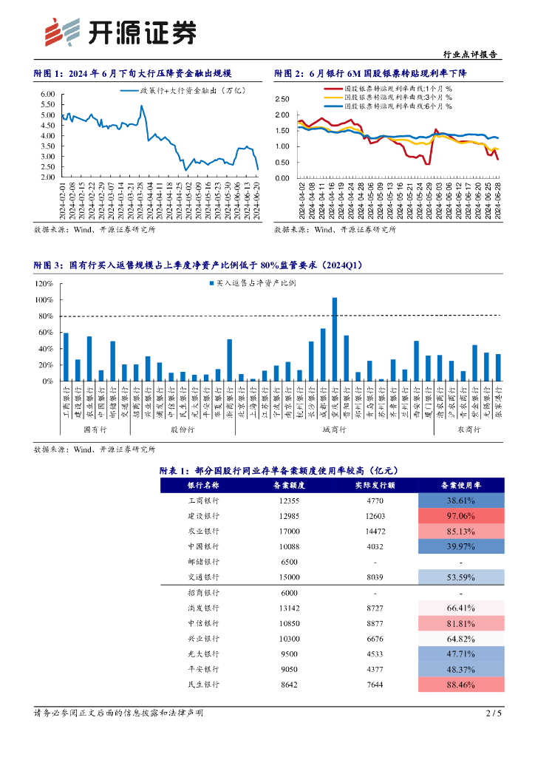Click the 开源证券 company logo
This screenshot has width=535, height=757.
tap(121, 32)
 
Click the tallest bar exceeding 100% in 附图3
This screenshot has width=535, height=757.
tap(335, 339)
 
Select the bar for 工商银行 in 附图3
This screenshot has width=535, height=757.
tap(66, 357)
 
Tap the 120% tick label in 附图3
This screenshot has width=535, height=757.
tap(44, 284)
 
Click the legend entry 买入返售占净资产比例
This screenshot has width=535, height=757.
tap(256, 283)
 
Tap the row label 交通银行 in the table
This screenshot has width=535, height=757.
tap(204, 577)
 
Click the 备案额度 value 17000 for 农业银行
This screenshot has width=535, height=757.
tap(290, 531)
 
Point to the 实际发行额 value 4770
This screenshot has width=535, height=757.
tap(375, 500)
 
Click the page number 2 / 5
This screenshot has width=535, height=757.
tap(494, 713)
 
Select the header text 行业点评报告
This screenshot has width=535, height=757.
tap(469, 54)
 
